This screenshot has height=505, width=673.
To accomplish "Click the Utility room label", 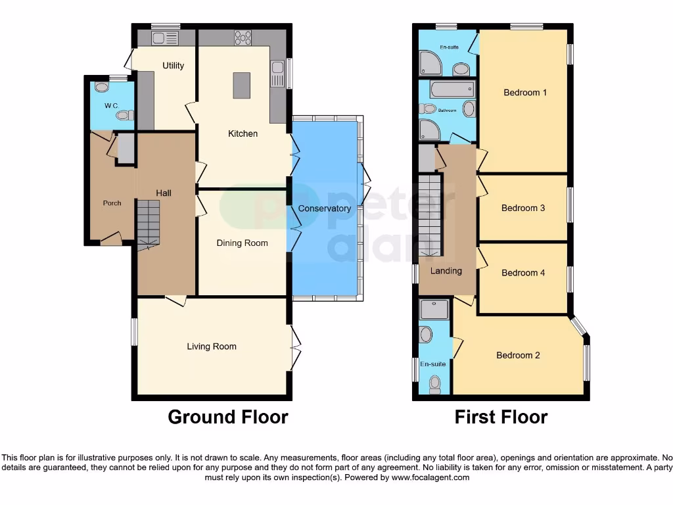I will [174, 66].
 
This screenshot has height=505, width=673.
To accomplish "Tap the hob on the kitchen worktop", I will [243, 38].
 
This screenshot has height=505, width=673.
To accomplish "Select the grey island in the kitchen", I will [241, 85].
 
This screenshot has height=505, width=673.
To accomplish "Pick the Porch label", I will [112, 203].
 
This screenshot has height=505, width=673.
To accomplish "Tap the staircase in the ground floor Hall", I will [149, 224].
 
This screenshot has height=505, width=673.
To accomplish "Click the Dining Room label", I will [243, 243].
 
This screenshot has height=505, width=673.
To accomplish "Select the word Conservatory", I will [325, 208].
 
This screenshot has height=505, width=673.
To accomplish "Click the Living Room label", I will [212, 347].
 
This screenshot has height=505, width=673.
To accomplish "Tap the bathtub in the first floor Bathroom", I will [452, 89].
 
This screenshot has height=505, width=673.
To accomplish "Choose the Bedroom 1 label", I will [525, 93].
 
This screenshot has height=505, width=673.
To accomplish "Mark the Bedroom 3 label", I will [523, 208].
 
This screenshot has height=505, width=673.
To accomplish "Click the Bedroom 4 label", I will [523, 273].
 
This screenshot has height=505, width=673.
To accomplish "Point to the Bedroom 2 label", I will [518, 356].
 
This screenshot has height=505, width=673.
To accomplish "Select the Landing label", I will [446, 271].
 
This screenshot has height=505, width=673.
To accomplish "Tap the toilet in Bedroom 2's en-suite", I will [434, 383].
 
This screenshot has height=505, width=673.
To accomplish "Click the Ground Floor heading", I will [228, 417].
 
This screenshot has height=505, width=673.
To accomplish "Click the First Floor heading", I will [501, 417].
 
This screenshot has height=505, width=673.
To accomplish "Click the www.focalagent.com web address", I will [430, 477].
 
